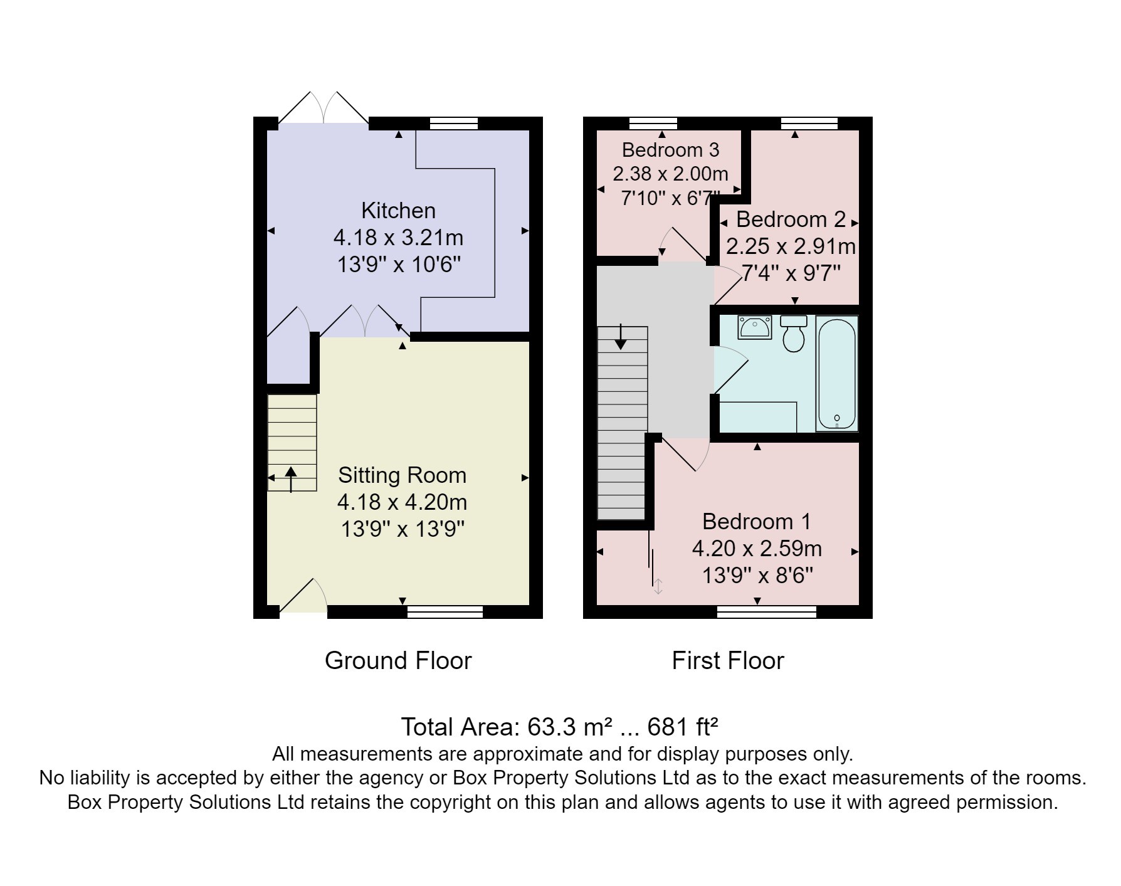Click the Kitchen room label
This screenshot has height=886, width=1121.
pos(398,211)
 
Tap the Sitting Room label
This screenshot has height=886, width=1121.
pos(402,475)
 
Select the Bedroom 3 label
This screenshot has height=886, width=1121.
pos(670,150)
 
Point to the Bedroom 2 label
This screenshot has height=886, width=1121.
pos(791,219)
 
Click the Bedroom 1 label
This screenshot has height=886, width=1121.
pos(757,522)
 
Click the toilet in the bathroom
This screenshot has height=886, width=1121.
pos(794,333)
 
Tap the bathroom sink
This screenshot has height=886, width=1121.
pos(755,327)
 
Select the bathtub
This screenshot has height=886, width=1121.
pos(837,374)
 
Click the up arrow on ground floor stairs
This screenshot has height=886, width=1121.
pos(291,479)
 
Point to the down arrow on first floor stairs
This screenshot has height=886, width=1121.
pos(621,337)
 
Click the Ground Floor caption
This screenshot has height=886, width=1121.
pos(398,661)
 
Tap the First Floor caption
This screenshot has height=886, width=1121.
pos(728,661)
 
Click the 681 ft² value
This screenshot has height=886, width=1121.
pos(682,727)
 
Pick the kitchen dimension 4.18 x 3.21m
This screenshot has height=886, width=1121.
pos(398,238)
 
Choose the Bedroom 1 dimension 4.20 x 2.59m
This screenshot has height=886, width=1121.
pos(757,549)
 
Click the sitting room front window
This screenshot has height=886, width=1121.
pos(445,612)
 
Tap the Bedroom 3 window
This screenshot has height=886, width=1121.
pos(653,123)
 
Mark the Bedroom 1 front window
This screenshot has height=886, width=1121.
pos(767,612)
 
